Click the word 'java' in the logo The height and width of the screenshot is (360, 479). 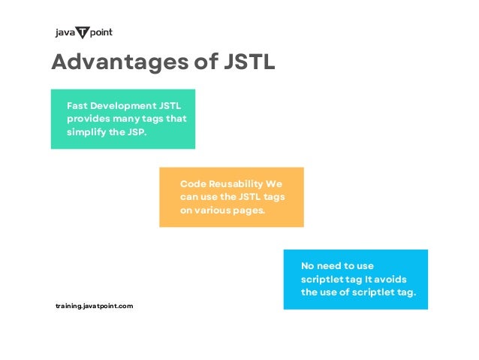point(65,33)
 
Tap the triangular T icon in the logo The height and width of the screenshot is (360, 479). point(82,32)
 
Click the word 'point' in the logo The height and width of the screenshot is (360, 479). point(101,33)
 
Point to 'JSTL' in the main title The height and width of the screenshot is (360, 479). point(250,62)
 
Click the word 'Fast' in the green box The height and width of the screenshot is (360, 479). point(78,105)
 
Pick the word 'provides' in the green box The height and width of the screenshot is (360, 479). point(87,118)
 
